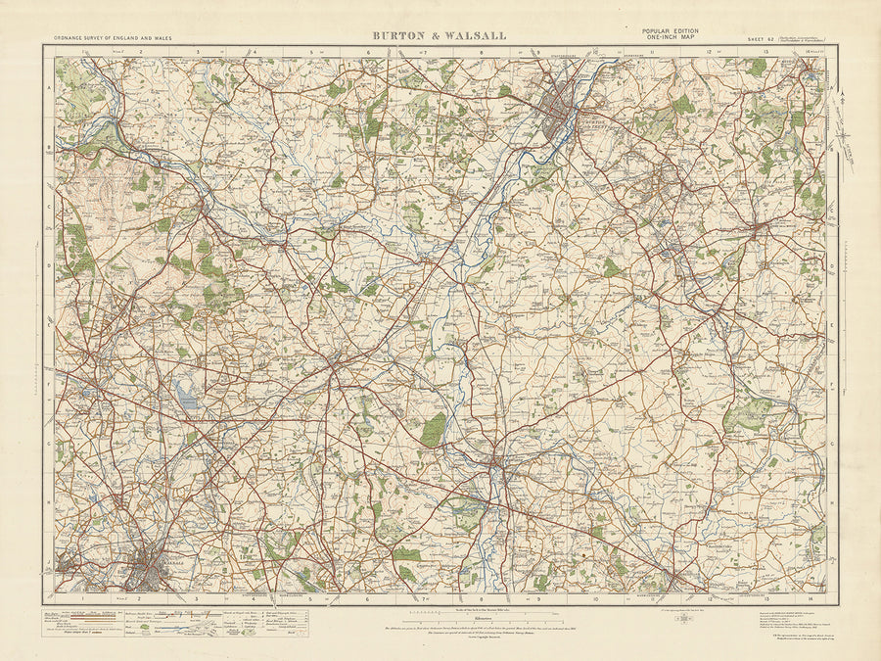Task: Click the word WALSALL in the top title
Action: click(472, 36)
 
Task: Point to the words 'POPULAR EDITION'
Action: click(670, 31)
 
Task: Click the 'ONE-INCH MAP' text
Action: click(670, 39)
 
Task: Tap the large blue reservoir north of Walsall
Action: click(185, 397)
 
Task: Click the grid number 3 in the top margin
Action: click(197, 51)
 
